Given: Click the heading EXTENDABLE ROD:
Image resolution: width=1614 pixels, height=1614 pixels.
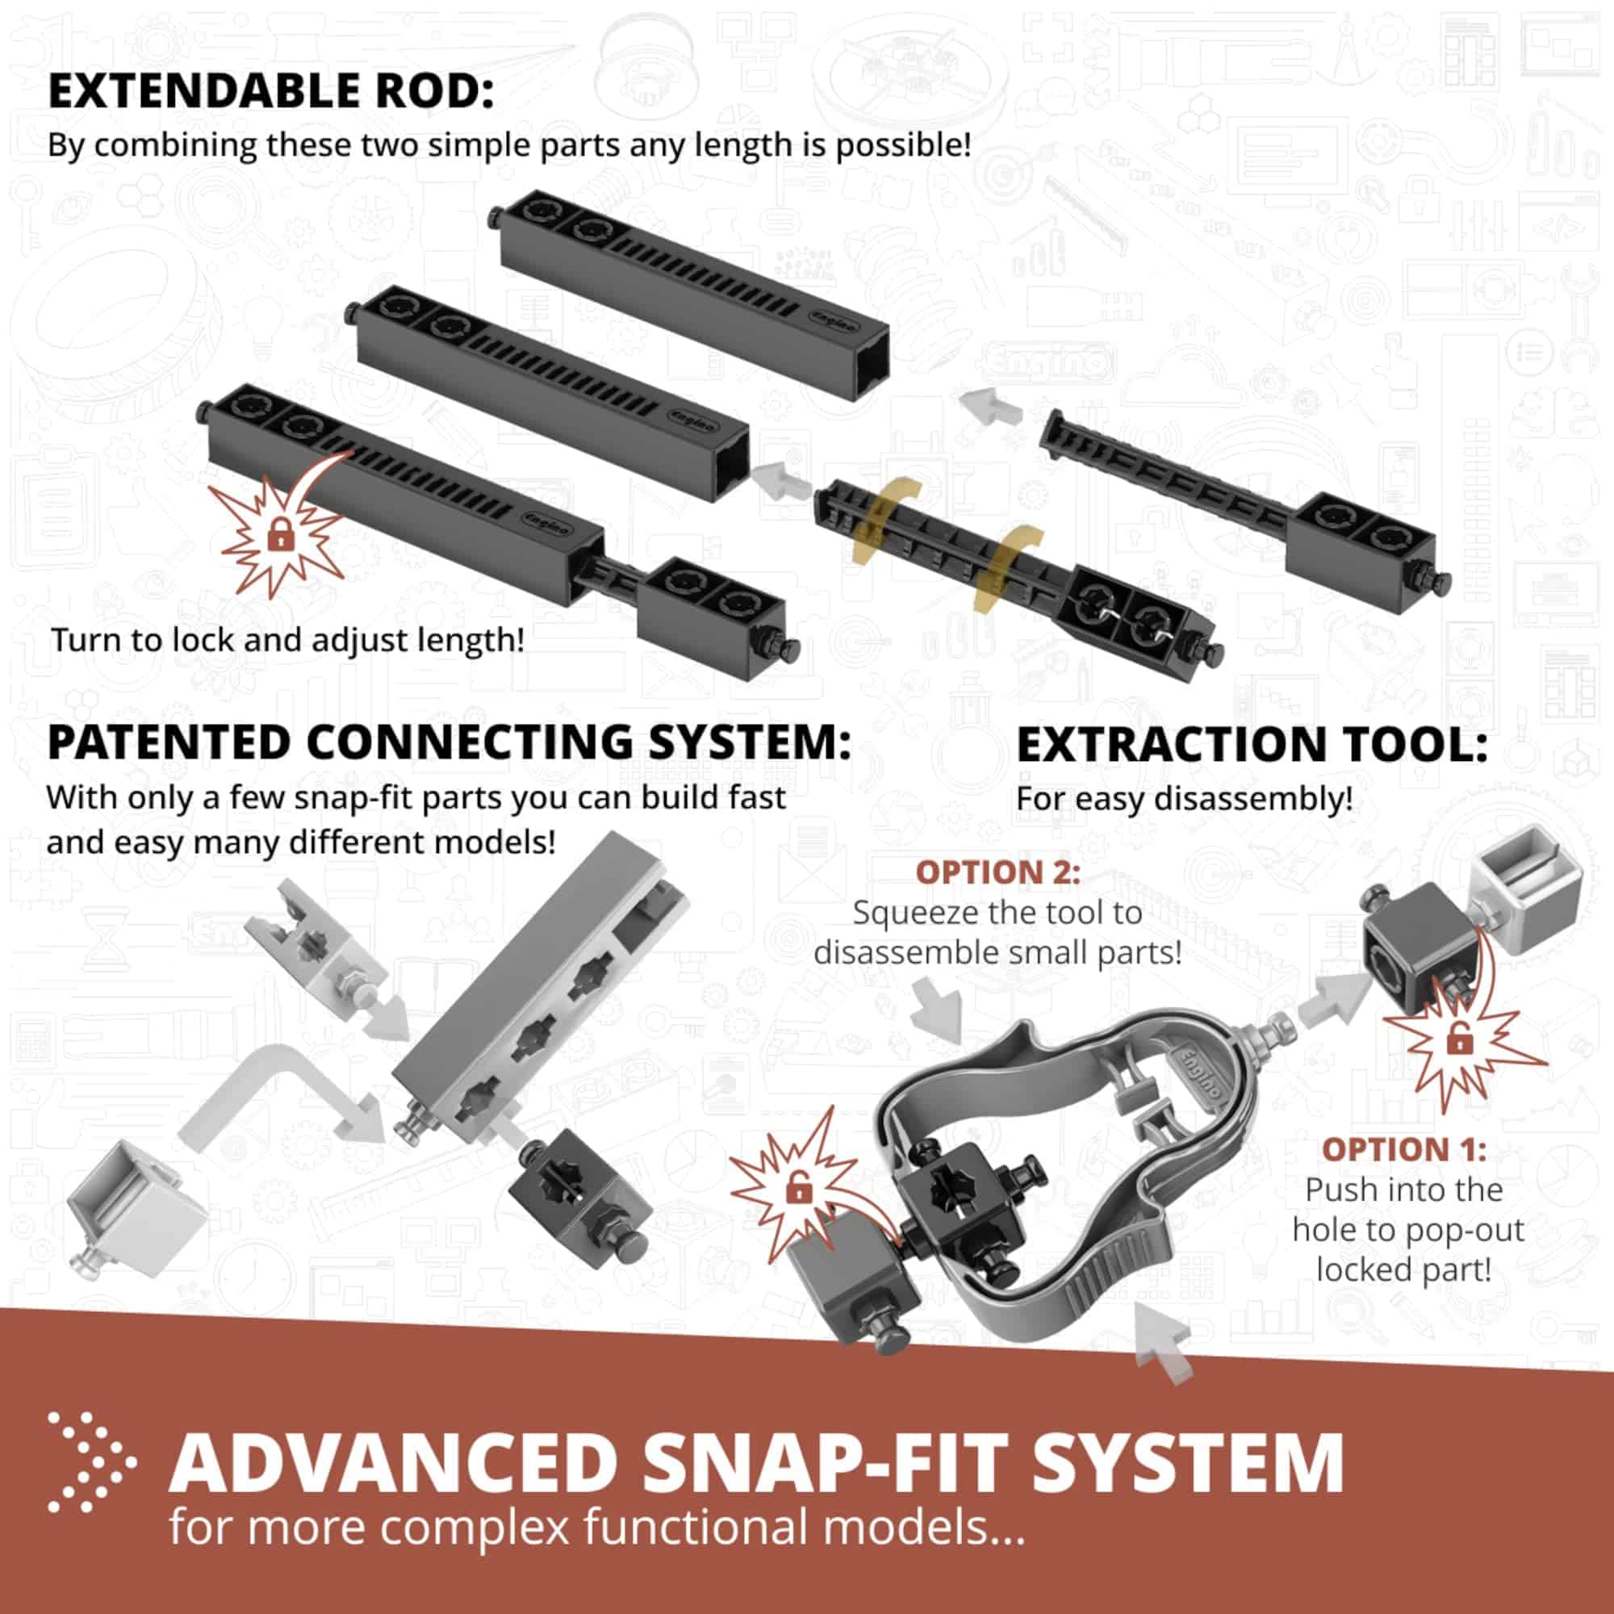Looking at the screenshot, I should [270, 91].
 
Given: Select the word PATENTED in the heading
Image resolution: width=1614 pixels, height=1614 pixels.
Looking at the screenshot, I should [168, 742].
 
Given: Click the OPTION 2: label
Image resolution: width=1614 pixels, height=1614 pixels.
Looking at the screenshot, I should [997, 872].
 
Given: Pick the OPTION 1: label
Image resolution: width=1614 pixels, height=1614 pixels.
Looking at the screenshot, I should [1403, 1149].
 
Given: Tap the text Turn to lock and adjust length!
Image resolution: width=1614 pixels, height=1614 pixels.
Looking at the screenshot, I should [287, 640].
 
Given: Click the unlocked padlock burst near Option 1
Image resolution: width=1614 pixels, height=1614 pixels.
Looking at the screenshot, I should [1457, 1041].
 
